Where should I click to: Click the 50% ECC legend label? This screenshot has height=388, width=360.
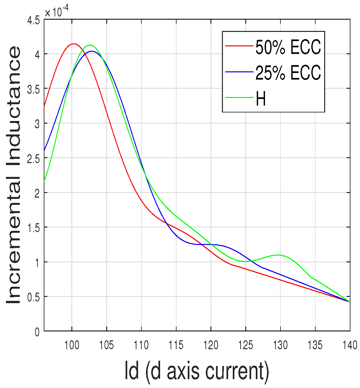click(x=288, y=48)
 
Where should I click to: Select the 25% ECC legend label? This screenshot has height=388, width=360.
click(x=288, y=73)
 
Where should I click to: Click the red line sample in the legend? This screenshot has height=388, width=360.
click(x=239, y=46)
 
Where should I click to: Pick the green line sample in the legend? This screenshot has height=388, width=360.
click(x=239, y=97)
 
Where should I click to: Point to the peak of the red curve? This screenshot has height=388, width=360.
click(x=73, y=43)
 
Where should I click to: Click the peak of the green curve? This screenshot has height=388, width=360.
click(x=89, y=45)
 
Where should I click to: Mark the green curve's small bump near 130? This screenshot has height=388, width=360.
click(x=278, y=255)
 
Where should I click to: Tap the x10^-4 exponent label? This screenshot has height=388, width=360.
click(x=61, y=12)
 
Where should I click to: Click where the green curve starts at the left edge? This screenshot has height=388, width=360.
click(x=44, y=181)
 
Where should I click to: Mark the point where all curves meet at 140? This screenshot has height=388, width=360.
click(x=349, y=302)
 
